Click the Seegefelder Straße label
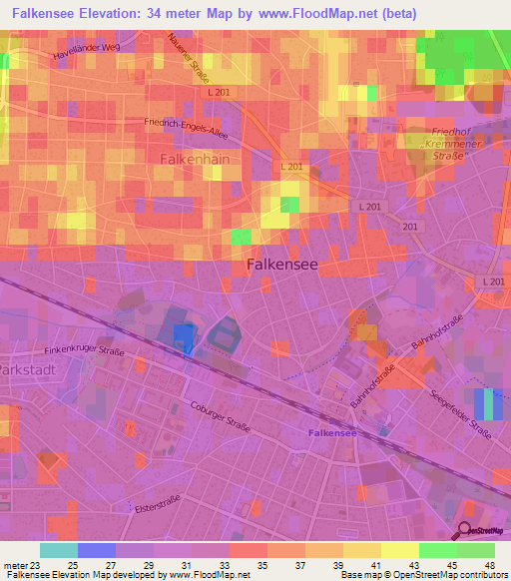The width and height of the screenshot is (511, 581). point(471,416)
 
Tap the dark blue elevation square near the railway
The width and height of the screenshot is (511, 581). point(183,336)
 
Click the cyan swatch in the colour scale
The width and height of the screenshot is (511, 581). point(58,550)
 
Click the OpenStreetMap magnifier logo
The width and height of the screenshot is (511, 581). point(464,532)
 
